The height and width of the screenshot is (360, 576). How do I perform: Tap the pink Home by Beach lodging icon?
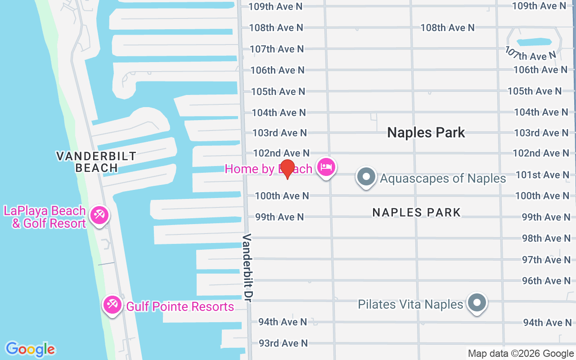pos(325,167)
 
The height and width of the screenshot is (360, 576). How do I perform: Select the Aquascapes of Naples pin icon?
pos(366,177)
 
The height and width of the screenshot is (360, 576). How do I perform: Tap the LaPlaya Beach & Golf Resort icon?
pos(98,215)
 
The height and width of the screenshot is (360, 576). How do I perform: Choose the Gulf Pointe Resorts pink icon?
pos(112,305)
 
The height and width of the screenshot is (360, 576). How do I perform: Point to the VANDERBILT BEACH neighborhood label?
pos(96,162)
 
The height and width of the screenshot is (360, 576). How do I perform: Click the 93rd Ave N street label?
pos(283,343)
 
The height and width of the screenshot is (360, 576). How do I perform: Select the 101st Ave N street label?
pos(542,175)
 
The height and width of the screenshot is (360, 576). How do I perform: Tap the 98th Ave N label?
pos(546,238)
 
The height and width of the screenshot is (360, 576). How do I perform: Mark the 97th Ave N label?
pos(546,260)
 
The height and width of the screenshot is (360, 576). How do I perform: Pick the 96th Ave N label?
pos(546,281)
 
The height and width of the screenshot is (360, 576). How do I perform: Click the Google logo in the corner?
pos(30,349)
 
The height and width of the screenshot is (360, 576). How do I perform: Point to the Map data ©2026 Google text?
pos(521,354)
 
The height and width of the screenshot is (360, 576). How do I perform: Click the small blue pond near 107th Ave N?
pos(534,42)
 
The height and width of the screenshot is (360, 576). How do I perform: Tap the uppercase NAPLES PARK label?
pos(416,212)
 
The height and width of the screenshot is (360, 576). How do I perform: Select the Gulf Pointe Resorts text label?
pos(180,307)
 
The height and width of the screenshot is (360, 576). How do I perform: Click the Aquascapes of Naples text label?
pos(443,178)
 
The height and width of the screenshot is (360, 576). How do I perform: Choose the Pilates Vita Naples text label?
pos(410,305)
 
